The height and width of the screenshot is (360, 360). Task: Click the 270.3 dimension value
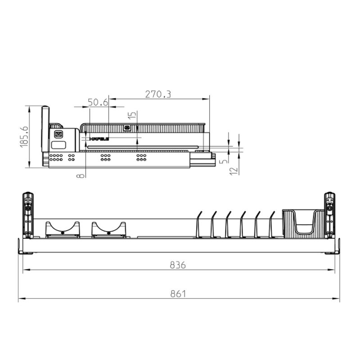(158, 94)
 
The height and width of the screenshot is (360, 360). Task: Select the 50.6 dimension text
(98, 103)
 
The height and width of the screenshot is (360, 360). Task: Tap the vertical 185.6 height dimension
(25, 136)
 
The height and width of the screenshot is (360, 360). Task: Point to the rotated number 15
(131, 118)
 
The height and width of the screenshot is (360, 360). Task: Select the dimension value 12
(233, 171)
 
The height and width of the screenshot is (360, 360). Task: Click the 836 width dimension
(178, 265)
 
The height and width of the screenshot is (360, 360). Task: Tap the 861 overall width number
(178, 294)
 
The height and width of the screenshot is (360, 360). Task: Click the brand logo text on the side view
(99, 139)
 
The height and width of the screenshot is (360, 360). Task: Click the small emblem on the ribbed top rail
(127, 128)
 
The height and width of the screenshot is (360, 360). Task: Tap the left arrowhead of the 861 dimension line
(20, 298)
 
